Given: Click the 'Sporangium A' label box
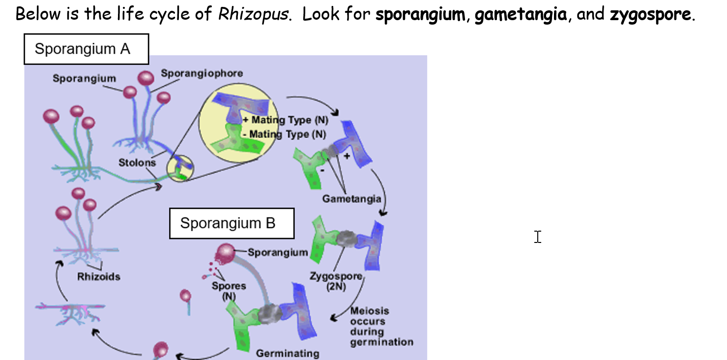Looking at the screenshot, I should (86, 49).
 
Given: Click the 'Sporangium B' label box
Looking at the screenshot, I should (232, 223).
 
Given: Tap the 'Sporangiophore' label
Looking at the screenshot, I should (202, 73).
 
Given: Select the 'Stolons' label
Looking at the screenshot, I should (137, 162).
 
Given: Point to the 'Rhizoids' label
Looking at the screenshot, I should (98, 276).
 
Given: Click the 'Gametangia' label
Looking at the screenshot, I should (351, 199).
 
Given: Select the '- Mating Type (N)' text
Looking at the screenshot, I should (284, 134).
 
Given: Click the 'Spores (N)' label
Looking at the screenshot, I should (229, 290).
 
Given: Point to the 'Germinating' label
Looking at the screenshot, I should (287, 353).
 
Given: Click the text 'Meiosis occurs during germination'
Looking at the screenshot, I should (381, 327).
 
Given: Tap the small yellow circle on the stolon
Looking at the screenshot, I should (180, 168).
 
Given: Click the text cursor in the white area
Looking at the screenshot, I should (538, 237).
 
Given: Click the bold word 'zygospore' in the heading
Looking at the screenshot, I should (651, 14).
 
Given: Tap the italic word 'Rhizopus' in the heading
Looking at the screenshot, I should (253, 14).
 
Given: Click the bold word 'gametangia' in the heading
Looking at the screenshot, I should (520, 14).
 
